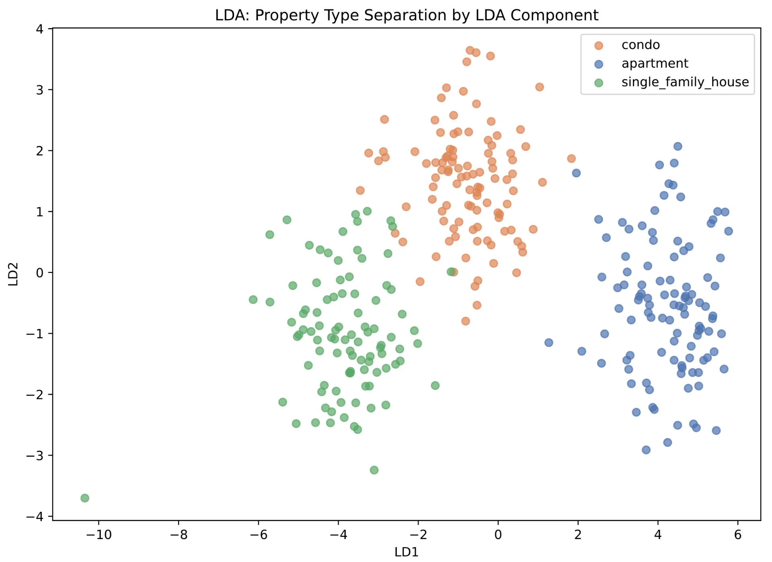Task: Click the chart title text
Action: pyautogui.click(x=407, y=15)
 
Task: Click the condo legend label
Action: pyautogui.click(x=641, y=45)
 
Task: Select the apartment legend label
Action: pyautogui.click(x=655, y=64)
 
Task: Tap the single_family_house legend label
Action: pyautogui.click(x=685, y=82)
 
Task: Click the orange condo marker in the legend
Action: pyautogui.click(x=599, y=45)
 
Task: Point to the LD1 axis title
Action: pyautogui.click(x=407, y=552)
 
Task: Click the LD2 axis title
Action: pyautogui.click(x=13, y=274)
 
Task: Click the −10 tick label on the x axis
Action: pyautogui.click(x=99, y=535)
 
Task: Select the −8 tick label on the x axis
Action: pyautogui.click(x=179, y=535)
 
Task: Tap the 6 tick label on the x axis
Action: pyautogui.click(x=738, y=535)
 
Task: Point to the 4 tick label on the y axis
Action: pyautogui.click(x=39, y=29)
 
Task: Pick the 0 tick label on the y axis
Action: pyautogui.click(x=39, y=273)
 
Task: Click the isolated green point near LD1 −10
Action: pyautogui.click(x=85, y=498)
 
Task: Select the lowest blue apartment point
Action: pyautogui.click(x=646, y=450)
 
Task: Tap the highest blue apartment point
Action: pyautogui.click(x=678, y=146)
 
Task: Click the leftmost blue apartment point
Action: pyautogui.click(x=549, y=343)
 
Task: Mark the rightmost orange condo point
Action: pyautogui.click(x=571, y=158)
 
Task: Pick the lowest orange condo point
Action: pyautogui.click(x=466, y=321)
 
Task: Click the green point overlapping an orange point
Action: pyautogui.click(x=451, y=272)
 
